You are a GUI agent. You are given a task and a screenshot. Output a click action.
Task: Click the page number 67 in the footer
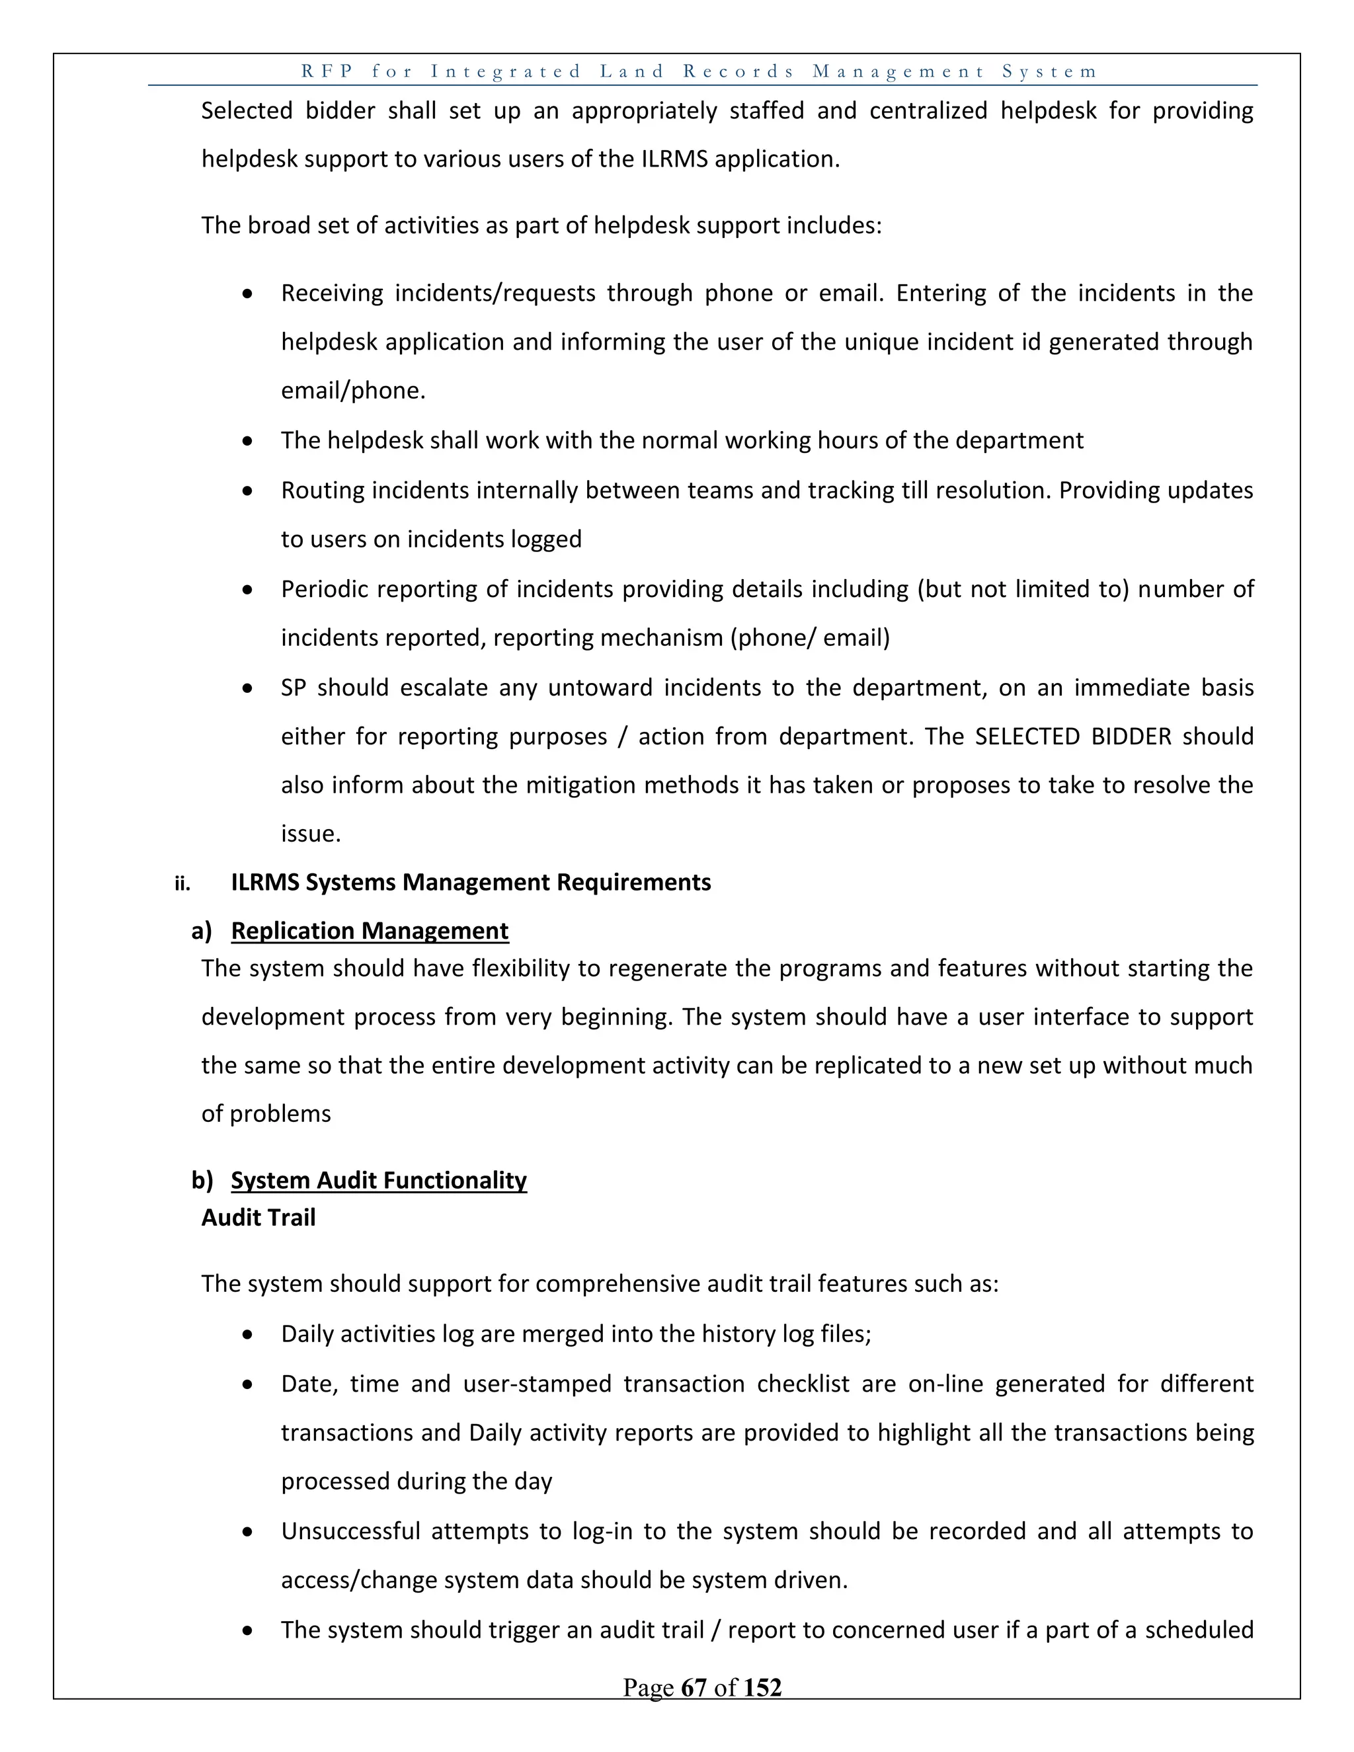693,1687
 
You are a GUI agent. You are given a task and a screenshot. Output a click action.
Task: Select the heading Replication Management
369,931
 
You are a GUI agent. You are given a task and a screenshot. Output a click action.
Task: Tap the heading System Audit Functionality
379,1180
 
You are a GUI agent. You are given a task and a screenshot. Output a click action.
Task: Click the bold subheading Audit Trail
259,1218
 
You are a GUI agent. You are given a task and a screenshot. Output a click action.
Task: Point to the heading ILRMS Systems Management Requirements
471,883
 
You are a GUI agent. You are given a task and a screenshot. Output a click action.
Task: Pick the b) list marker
202,1181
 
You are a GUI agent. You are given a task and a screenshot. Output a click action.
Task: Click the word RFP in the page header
327,71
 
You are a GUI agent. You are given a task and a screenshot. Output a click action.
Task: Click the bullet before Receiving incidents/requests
248,294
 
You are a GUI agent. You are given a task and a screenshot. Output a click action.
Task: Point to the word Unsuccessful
350,1531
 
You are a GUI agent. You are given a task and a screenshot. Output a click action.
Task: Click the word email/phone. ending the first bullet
353,391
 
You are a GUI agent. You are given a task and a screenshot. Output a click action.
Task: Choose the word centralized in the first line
928,110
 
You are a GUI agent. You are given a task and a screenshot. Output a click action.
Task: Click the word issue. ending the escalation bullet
311,834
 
